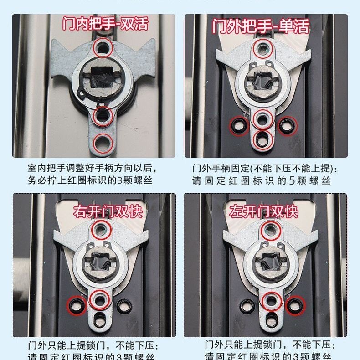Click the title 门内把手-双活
coord(105,23)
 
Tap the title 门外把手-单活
coord(261,26)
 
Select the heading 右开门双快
coord(108,211)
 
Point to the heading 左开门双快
coord(264,211)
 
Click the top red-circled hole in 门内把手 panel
coord(103,47)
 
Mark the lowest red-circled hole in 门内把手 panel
coord(103,142)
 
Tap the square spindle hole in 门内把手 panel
coord(103,76)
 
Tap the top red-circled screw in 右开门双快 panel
coord(101,230)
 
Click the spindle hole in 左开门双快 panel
coord(271,262)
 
